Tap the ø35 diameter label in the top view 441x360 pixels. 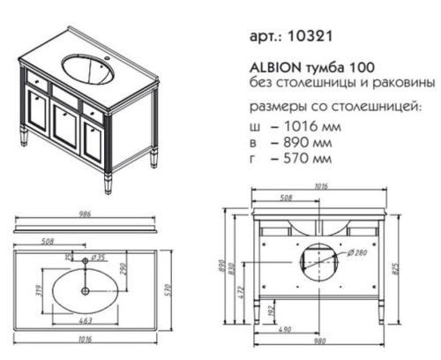tap(99, 259)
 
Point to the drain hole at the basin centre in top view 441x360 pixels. tap(85, 289)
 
